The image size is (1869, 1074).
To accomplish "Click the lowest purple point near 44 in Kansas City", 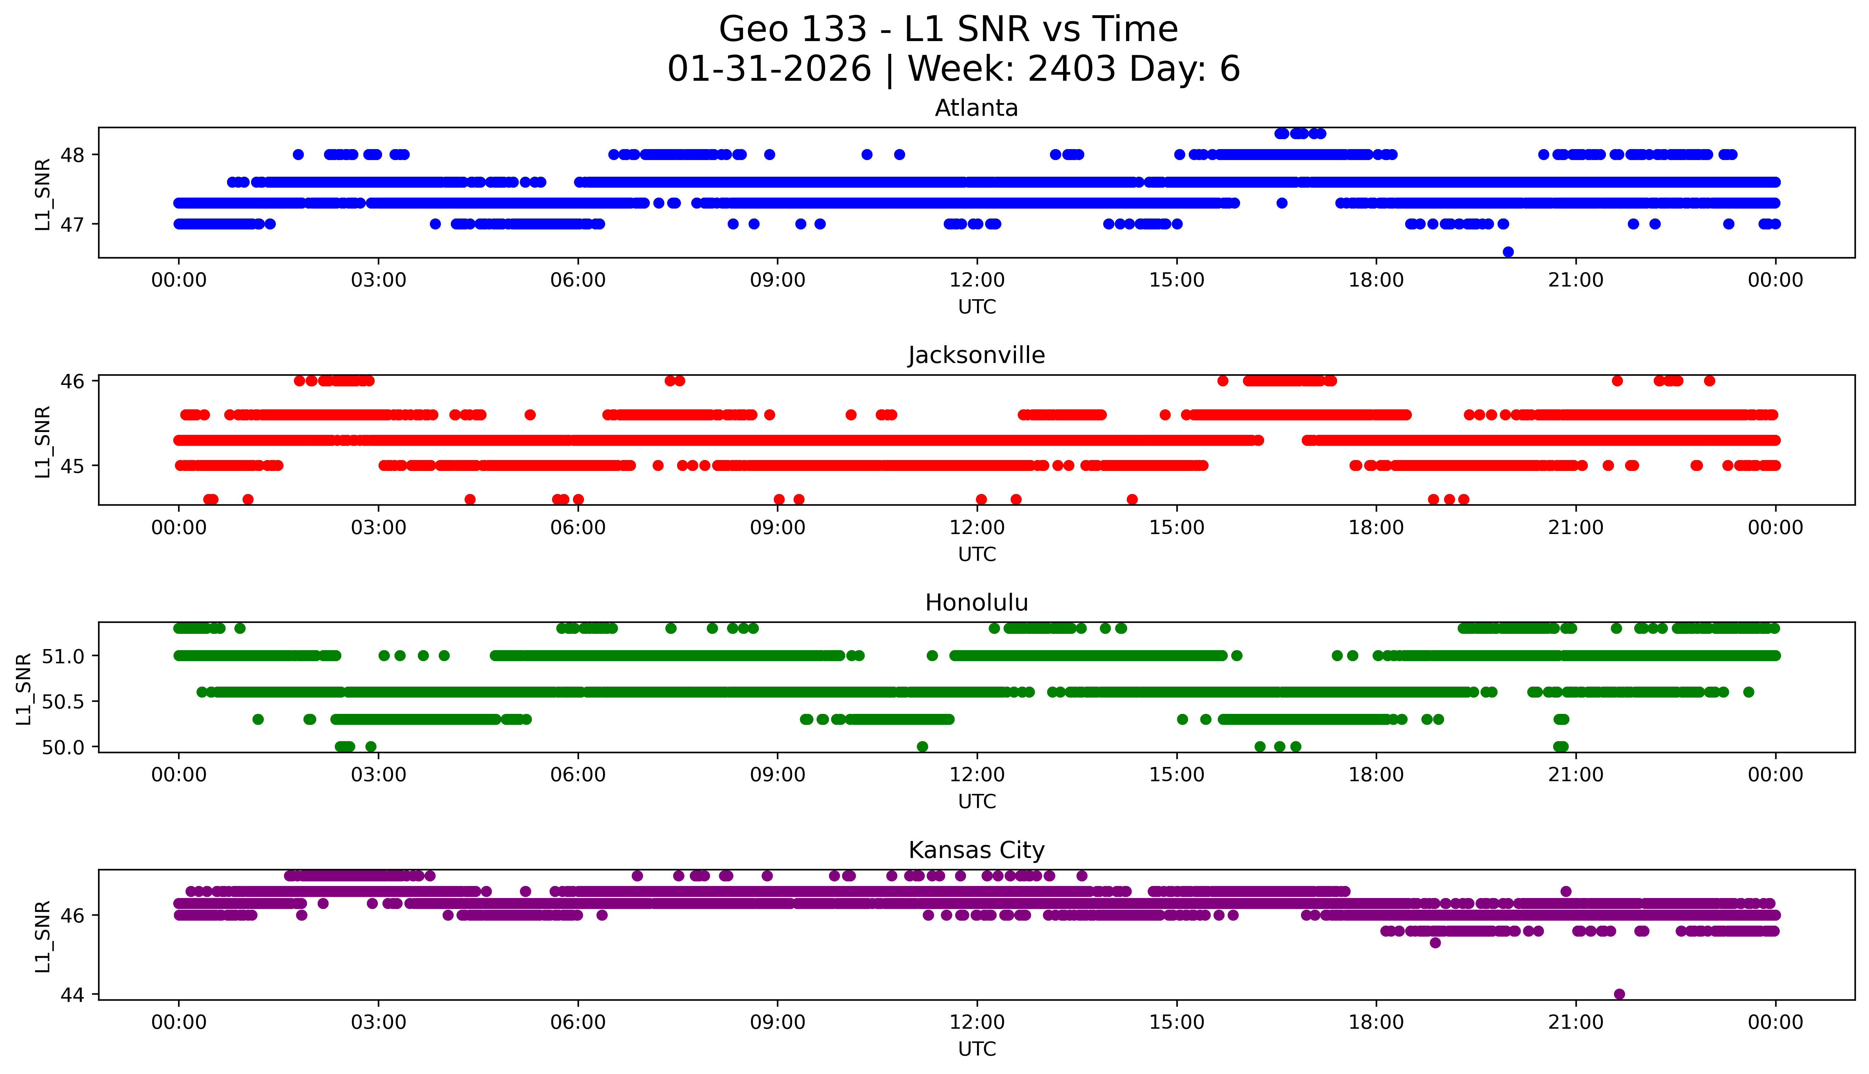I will (1619, 994).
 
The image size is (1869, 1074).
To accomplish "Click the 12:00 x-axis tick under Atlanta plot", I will (977, 280).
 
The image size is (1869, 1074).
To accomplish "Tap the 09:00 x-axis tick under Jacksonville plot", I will (777, 527).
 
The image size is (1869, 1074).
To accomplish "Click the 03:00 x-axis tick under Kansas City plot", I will (379, 1022).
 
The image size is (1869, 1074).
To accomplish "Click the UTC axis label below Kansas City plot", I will (977, 1048).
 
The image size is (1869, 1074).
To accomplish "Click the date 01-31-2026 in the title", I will (769, 69).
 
